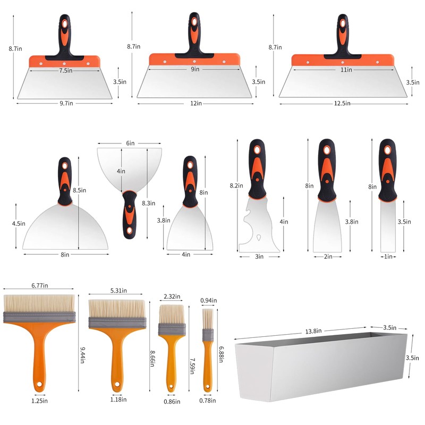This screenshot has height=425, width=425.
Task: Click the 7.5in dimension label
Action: click(x=66, y=71)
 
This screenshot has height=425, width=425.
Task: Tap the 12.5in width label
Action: click(x=342, y=104)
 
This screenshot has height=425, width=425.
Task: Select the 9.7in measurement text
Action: click(x=66, y=103)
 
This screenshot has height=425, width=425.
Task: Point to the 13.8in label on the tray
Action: click(x=313, y=331)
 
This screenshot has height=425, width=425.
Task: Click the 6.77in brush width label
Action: click(x=39, y=285)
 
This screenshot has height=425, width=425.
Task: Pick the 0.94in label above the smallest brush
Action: click(x=208, y=300)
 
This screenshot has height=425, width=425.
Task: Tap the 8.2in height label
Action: click(x=236, y=185)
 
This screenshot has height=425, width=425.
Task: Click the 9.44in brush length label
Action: click(x=83, y=355)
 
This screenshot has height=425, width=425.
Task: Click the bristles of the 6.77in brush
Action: click(x=39, y=303)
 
